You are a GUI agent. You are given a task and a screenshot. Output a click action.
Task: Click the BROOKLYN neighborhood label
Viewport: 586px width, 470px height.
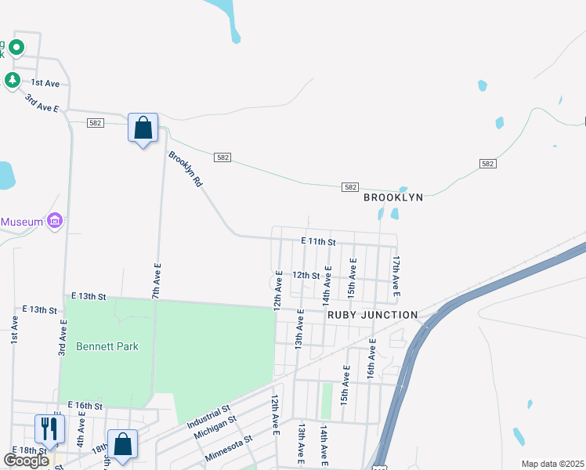(x=393, y=197)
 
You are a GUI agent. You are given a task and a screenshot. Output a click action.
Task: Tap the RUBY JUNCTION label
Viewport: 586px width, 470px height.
(x=372, y=315)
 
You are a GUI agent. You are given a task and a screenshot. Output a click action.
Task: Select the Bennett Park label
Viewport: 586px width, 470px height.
(x=107, y=345)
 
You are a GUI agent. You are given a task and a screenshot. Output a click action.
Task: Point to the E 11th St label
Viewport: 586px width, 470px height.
(x=317, y=242)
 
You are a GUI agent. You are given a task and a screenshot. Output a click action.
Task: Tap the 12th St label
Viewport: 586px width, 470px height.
(x=306, y=275)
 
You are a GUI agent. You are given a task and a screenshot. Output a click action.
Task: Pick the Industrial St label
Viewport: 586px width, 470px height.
(x=208, y=415)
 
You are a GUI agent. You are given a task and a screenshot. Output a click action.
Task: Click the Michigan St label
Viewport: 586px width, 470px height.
(x=215, y=430)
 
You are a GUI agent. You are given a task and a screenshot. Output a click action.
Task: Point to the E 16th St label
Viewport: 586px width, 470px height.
(x=85, y=405)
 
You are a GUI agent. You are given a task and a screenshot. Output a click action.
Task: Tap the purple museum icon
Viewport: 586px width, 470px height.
(x=55, y=222)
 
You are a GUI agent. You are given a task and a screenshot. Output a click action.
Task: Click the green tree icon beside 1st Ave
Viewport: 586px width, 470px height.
(x=12, y=80)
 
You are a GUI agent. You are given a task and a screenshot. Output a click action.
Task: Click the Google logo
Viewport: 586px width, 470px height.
(x=26, y=461)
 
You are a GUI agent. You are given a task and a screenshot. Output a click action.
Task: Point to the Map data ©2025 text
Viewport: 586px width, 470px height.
(x=552, y=464)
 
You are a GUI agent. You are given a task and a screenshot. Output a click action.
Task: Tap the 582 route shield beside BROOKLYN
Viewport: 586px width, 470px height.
(x=350, y=187)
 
